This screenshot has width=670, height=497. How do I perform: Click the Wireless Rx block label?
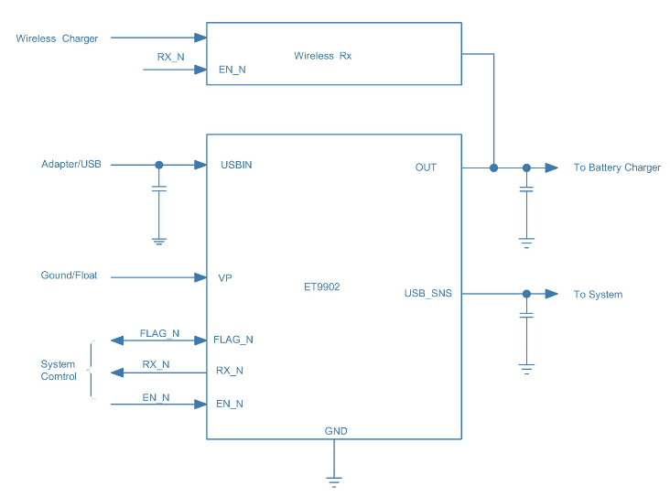tap(322, 56)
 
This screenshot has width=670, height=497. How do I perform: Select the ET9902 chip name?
tap(322, 286)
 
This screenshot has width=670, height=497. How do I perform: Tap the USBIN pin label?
tap(236, 166)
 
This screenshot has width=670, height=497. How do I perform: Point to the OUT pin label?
tap(426, 167)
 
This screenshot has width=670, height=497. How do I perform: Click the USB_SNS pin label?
tap(427, 294)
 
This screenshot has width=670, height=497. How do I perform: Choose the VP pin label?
tap(225, 277)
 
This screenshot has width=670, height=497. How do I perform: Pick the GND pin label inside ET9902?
tap(336, 431)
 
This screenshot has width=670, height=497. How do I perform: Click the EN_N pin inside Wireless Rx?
tap(232, 69)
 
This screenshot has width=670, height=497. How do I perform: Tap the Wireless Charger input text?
tap(57, 38)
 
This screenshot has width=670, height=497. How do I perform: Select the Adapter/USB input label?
tap(70, 165)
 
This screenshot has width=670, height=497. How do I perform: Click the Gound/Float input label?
tap(69, 276)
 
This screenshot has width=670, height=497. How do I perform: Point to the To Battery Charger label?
tap(617, 167)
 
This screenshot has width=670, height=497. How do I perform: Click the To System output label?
tap(598, 295)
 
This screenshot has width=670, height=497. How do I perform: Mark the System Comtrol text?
tap(59, 371)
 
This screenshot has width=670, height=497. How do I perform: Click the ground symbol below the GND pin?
tap(334, 478)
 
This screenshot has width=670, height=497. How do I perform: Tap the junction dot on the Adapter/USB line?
tap(158, 165)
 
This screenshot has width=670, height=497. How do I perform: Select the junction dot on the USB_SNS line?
tap(526, 294)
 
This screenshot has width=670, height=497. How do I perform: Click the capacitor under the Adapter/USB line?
tap(158, 189)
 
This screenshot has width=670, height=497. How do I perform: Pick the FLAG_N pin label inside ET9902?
tap(233, 340)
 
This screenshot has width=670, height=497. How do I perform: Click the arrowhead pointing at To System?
tap(552, 294)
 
